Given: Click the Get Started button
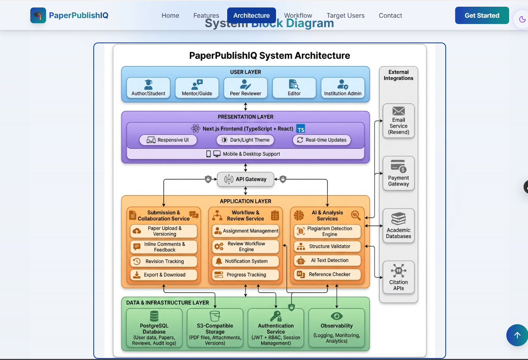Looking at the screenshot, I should tap(482, 16).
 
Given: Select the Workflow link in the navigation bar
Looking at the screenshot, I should tap(298, 16).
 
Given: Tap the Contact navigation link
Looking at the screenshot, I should tap(390, 16).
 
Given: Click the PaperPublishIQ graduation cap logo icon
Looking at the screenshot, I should tap(38, 16).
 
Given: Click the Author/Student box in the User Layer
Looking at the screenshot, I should tap(148, 88).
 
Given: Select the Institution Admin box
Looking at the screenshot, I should tap(343, 88).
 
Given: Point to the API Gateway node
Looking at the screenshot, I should tap(246, 179).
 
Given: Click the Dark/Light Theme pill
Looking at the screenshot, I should tap(245, 140).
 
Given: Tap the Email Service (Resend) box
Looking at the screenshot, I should tap(398, 121).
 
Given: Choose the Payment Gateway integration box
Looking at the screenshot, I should tap(398, 173).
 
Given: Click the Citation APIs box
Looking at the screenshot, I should tap(398, 277).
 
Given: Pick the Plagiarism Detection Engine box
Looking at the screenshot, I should tap(327, 231).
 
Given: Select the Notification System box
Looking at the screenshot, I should tap(246, 261).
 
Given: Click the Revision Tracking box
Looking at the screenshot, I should tap(164, 261).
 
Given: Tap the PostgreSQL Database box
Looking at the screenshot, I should tap(154, 328).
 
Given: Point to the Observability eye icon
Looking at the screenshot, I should tap(337, 316).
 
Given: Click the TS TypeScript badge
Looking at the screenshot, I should tap(301, 129).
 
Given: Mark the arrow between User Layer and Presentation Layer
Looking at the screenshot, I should tap(246, 107).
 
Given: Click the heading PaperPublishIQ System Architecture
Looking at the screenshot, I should tap(269, 55).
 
